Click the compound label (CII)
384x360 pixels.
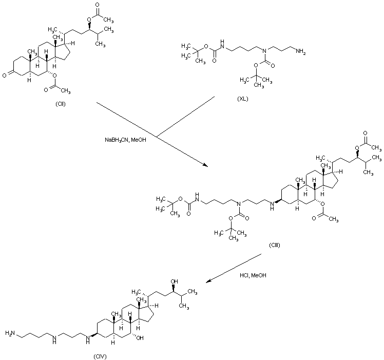(61, 104)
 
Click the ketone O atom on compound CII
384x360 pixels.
(4, 75)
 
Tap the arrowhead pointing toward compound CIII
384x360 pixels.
(205, 165)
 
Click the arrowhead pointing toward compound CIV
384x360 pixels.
(208, 281)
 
